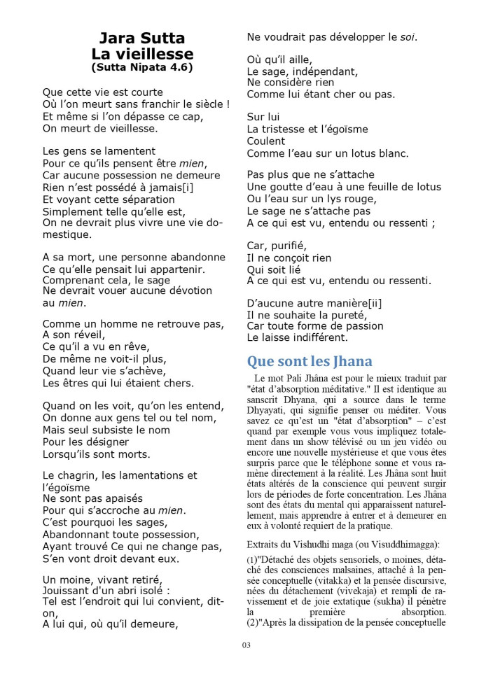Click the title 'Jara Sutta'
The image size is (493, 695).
pos(141,38)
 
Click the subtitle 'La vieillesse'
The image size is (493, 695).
pos(142,54)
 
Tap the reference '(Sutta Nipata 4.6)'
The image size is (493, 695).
pos(142,68)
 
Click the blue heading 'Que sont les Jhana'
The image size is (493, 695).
pos(309,361)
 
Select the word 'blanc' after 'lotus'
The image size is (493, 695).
pos(393,153)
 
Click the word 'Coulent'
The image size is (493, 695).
pos(266,141)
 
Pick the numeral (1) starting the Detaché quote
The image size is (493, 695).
pos(253,561)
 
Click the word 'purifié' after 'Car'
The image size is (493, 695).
pos(287,245)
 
